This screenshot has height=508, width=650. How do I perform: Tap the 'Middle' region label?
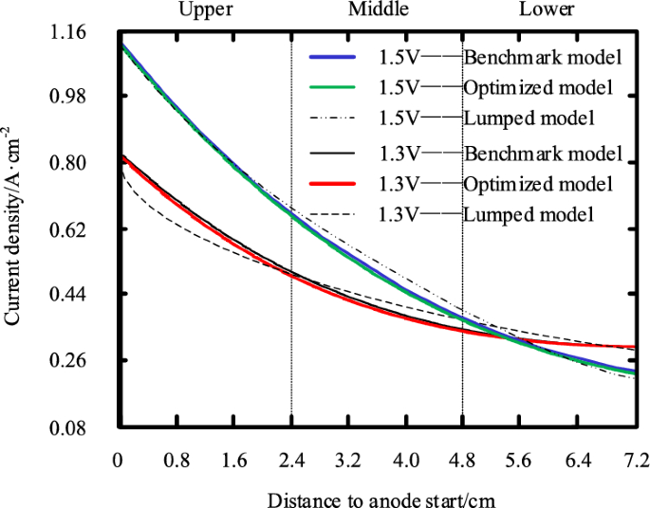379,9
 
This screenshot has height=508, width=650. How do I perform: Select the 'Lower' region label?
547,9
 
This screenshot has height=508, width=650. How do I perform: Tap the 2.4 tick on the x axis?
290,461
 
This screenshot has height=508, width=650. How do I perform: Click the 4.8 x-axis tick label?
462,461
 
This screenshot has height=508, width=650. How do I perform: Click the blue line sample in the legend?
331,57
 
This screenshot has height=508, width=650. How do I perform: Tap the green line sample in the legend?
331,87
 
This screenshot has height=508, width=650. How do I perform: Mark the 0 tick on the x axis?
119,461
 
